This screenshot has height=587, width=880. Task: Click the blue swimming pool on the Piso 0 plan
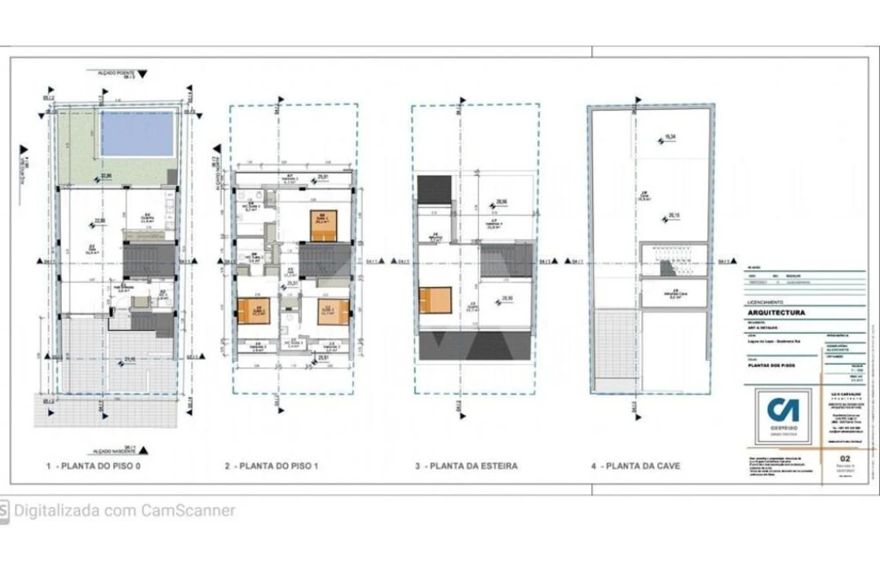(137, 133)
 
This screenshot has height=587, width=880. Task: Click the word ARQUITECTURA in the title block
(776, 312)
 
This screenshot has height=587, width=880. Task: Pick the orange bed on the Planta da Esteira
(434, 300)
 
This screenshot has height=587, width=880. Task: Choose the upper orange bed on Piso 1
(324, 225)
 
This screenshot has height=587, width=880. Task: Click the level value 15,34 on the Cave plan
(671, 137)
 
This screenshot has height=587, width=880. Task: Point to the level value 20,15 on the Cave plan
(674, 215)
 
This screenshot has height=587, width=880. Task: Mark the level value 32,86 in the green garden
(105, 174)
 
